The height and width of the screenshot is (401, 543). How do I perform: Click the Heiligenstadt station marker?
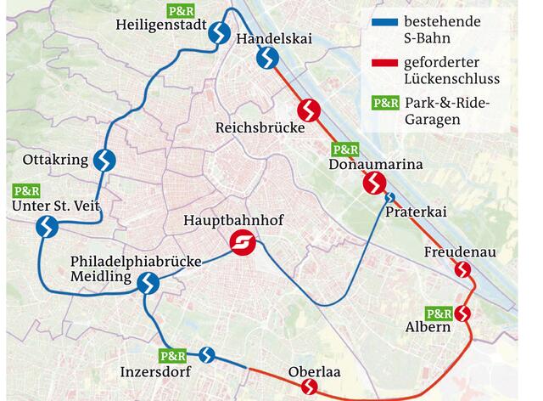[x=219, y=33]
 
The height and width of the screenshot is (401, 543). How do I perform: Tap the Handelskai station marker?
[x=267, y=58]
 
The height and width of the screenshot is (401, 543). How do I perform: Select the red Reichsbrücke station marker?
[x=309, y=110]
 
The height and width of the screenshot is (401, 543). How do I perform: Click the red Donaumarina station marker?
[x=374, y=183]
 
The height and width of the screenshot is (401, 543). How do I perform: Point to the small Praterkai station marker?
[x=389, y=198]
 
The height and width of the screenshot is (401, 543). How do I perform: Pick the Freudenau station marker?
[x=462, y=270]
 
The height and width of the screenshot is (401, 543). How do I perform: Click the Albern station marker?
[x=463, y=313]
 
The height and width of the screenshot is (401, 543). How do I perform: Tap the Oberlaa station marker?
[x=310, y=387]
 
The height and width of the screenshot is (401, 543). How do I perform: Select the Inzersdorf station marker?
[x=206, y=354]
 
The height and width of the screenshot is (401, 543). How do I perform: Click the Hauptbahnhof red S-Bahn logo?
[x=244, y=244]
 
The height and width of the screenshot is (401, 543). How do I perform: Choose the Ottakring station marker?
[x=105, y=160]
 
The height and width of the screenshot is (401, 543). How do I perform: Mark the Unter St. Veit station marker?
[x=47, y=227]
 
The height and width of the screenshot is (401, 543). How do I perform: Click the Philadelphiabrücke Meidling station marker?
[x=148, y=283]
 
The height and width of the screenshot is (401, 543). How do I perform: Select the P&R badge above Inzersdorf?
[x=172, y=356]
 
